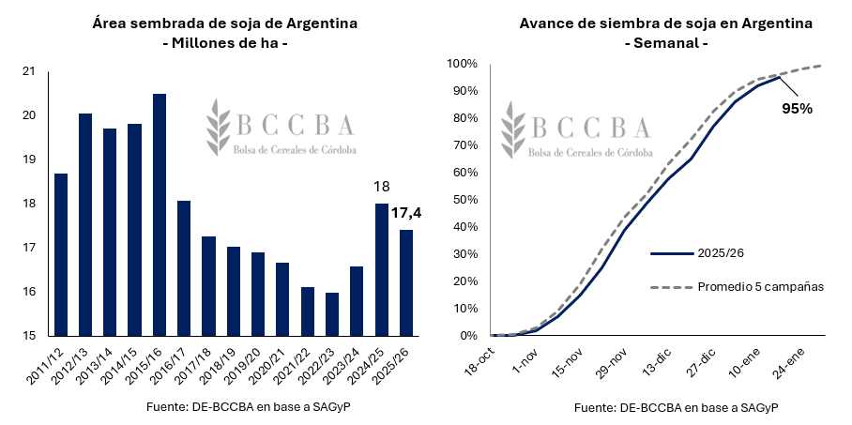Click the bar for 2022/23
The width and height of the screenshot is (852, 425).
point(332,314)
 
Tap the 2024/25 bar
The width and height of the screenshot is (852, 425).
point(381,269)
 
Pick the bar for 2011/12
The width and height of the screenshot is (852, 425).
point(61,254)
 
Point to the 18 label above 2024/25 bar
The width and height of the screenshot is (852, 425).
point(381,187)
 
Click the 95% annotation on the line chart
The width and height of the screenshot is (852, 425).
point(797,108)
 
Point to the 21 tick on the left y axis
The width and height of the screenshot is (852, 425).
point(28,71)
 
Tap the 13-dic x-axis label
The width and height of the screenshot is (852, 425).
point(657,358)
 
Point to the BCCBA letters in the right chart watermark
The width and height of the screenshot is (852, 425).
point(588,127)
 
